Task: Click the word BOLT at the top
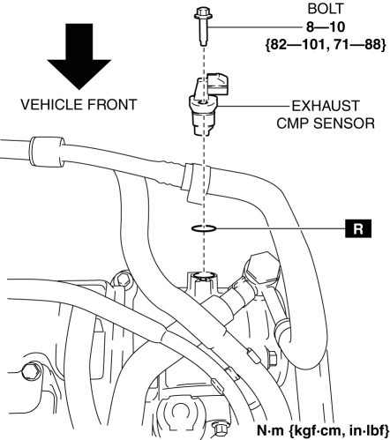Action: (326, 9)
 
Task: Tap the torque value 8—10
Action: (326, 27)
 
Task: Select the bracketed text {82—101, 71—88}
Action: (326, 45)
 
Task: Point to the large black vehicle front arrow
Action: (79, 56)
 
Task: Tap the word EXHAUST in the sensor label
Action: (326, 106)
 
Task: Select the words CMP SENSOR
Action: (326, 123)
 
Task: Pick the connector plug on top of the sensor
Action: (217, 85)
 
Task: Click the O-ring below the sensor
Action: (204, 227)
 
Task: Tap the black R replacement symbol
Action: (358, 228)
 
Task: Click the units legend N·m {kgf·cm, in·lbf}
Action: (323, 430)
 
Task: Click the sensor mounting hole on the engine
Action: (204, 275)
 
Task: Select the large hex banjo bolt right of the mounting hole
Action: (261, 268)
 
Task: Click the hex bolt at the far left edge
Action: (30, 371)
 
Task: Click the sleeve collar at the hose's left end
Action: (47, 152)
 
